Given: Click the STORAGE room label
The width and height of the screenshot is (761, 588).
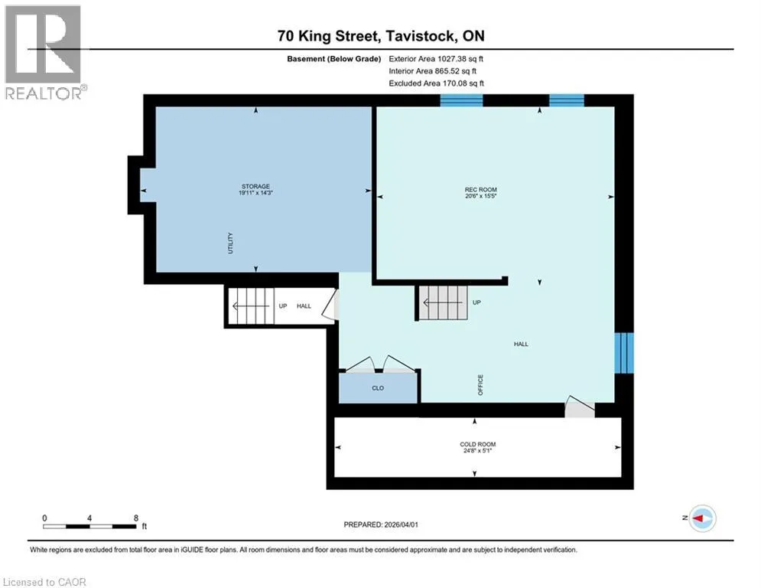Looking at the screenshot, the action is pos(255,187).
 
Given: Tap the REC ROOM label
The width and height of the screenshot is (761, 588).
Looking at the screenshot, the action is pos(480,190).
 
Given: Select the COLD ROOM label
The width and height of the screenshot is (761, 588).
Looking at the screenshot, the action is pos(477,444).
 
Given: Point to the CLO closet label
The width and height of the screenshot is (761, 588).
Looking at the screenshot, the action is pos(378,388).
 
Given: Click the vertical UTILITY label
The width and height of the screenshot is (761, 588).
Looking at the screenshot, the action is pos(230,243).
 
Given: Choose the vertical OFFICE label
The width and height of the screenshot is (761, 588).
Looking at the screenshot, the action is pos(480,385).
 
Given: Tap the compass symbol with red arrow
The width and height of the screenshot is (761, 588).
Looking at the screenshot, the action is pos(702,518).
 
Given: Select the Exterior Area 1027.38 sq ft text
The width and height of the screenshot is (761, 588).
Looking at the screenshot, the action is pos(436,59).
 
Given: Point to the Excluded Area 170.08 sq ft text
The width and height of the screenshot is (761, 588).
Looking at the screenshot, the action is pos(436,83).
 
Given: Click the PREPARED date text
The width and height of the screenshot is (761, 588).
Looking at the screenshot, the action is pos(381,524).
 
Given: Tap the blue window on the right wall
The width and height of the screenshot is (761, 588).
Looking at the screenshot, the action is pos(623,353).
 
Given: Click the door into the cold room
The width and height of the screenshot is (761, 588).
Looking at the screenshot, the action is pos(580,407).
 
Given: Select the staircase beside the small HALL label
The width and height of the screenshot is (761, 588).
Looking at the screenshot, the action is pos(252,306).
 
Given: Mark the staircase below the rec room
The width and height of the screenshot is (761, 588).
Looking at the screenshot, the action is pos(443,302).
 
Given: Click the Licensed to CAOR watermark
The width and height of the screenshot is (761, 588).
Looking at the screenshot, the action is pos(44,582).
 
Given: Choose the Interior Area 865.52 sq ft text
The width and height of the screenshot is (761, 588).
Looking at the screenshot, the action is pos(432,71).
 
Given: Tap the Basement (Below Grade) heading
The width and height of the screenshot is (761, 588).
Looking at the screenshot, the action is pos(334,59).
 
